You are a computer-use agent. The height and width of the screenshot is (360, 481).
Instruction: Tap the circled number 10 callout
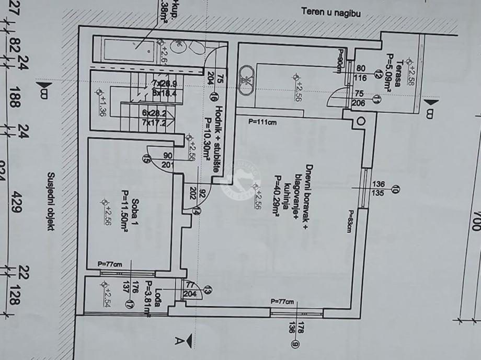click(396, 189)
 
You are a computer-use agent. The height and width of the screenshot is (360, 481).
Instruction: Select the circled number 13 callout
click(208, 291)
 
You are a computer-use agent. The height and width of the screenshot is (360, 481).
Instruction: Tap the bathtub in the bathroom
click(129, 50)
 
